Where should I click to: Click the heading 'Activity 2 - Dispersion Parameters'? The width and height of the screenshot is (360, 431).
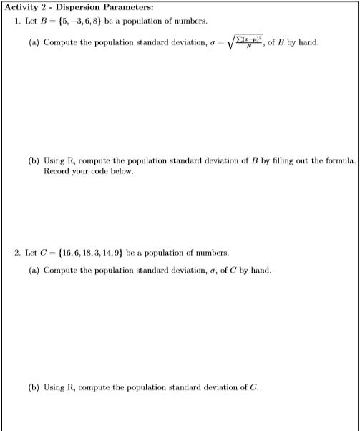pos(70,7)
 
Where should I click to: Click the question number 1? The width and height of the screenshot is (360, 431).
pos(18,20)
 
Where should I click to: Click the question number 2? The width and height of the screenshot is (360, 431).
pos(18,253)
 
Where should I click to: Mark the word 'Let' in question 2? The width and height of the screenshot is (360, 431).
pos(31,253)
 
